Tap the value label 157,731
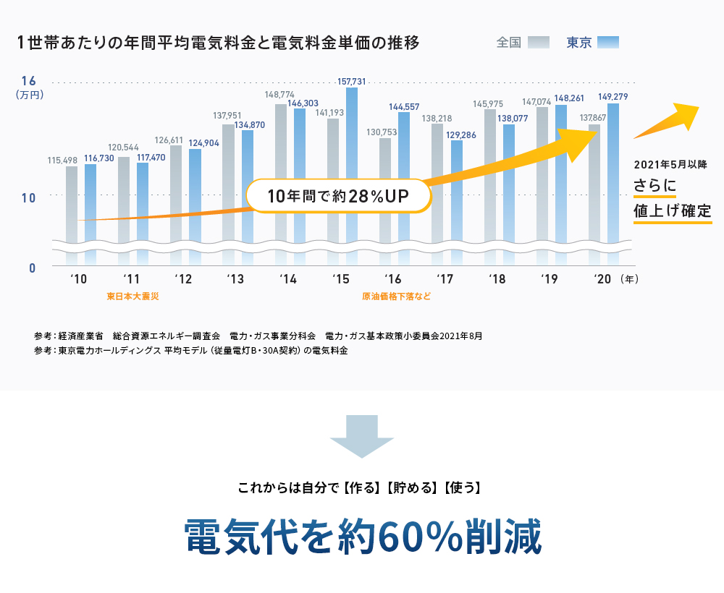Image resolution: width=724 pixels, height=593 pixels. coord(352,82)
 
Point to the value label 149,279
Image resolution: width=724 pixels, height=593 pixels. coord(613,97)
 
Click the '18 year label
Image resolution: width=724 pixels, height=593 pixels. coord(496,279)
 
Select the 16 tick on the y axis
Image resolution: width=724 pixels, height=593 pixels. coord(29,80)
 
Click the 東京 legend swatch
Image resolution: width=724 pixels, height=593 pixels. coord(608,42)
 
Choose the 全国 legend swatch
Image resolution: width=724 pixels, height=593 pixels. coord(539,42)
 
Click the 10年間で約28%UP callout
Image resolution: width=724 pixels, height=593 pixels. coord(339,196)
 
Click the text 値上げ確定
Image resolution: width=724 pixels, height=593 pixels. coord(672,211)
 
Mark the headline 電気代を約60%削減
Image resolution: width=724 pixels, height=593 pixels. coord(362,536)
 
